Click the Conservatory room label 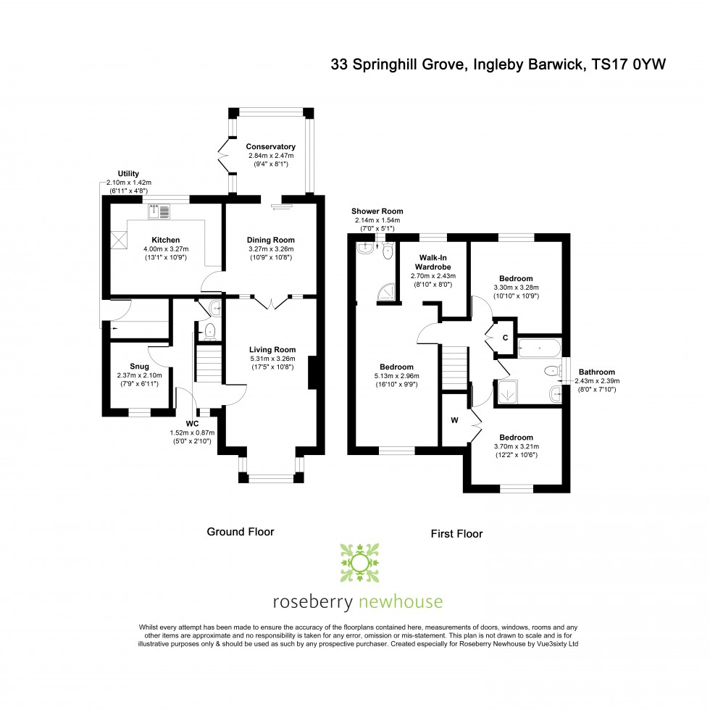270,146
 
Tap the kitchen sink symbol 159,212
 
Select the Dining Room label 270,240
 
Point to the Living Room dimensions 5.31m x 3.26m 272,359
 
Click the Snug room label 139,367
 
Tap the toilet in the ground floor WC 209,332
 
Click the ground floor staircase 209,364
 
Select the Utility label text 128,173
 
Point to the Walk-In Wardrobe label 433,262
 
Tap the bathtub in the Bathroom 539,348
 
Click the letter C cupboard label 506,338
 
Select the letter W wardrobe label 455,420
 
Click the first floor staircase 454,368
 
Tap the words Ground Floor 241,532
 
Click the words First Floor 456,534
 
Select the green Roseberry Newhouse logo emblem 359,563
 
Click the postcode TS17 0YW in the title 629,64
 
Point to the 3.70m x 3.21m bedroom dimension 516,446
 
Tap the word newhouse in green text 400,602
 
